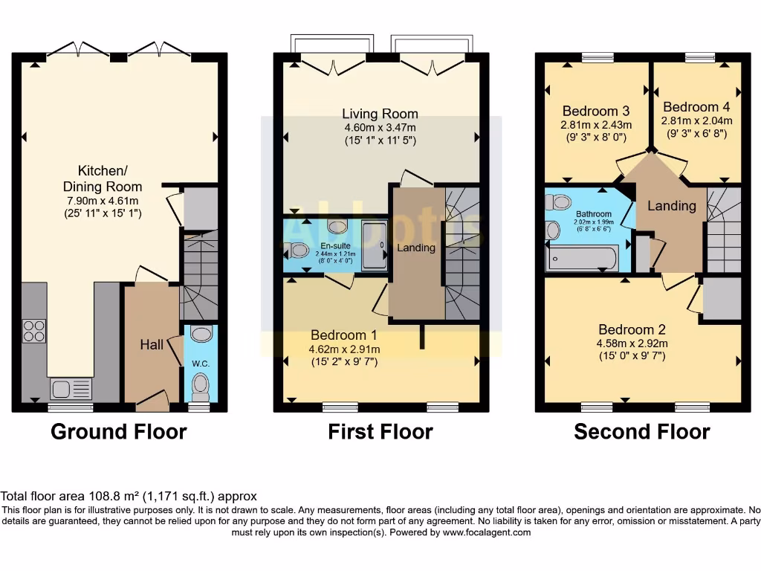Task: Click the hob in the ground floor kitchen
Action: [x=34, y=331]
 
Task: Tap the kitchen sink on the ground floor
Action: [x=71, y=388]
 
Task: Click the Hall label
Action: [x=152, y=345]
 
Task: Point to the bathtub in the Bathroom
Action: [x=582, y=258]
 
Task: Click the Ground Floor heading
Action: [x=119, y=432]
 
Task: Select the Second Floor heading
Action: [x=642, y=432]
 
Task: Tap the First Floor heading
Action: [x=380, y=432]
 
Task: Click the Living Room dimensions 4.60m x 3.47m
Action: [x=380, y=127]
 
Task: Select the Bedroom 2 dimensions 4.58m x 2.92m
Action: [x=632, y=343]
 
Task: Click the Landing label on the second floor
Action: [x=672, y=206]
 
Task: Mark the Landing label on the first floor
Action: [x=416, y=248]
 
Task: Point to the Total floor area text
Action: [x=129, y=496]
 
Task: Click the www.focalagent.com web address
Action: [x=484, y=532]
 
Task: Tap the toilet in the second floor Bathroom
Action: [x=563, y=201]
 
